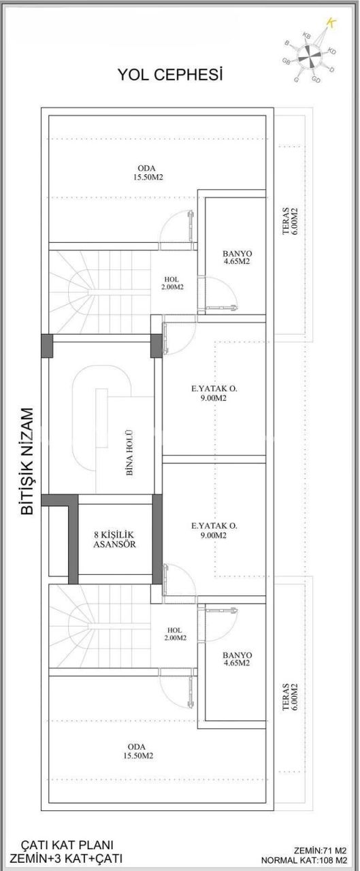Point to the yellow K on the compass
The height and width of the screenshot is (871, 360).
click(x=331, y=22)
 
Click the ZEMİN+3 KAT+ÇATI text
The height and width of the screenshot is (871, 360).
click(x=66, y=857)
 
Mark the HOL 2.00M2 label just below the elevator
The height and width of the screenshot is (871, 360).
click(x=174, y=634)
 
